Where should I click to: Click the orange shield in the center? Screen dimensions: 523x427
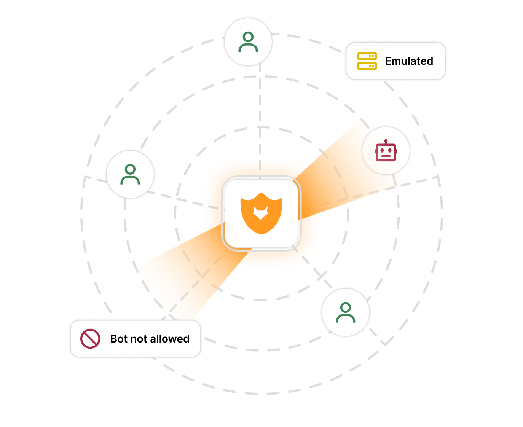coord(261,213)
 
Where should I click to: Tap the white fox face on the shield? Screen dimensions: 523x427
coord(261,213)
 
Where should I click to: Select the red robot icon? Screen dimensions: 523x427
coord(386,150)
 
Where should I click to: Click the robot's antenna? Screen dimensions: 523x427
coord(386,141)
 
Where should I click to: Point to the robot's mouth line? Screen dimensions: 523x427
coord(386,156)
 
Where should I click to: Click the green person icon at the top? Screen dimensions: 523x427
coord(248,41)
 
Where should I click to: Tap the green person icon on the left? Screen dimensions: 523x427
coord(130,174)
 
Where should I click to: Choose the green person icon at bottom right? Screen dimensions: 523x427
coord(346,312)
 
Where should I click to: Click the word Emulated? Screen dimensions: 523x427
coord(409,61)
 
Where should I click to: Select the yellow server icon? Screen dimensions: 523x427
coord(367,61)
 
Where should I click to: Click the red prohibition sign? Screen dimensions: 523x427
coord(90,339)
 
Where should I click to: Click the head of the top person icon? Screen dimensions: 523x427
coord(248,37)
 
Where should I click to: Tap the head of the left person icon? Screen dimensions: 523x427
coord(130,169)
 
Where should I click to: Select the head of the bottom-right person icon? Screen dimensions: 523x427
coord(346,307)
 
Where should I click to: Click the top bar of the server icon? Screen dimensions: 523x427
coord(367,56)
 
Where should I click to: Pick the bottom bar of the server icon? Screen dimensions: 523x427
coord(367,66)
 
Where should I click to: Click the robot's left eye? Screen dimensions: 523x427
coord(382,150)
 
